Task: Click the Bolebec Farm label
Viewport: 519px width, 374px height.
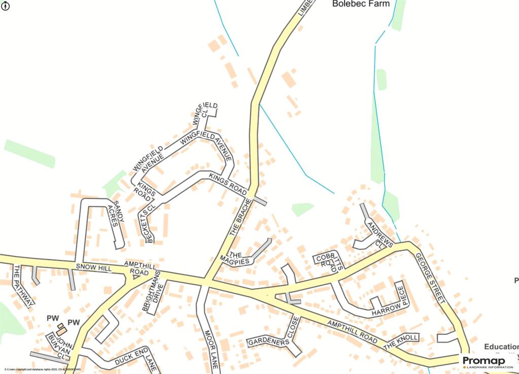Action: click(x=360, y=4)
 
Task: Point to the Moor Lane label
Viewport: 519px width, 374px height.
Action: click(x=211, y=350)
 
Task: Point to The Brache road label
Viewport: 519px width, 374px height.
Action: click(x=238, y=220)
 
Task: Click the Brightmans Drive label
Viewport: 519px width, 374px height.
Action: click(x=153, y=291)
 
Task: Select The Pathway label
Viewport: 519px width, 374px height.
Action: click(x=23, y=286)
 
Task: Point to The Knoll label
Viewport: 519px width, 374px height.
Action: click(x=401, y=342)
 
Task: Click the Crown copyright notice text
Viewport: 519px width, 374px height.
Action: click(x=43, y=370)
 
